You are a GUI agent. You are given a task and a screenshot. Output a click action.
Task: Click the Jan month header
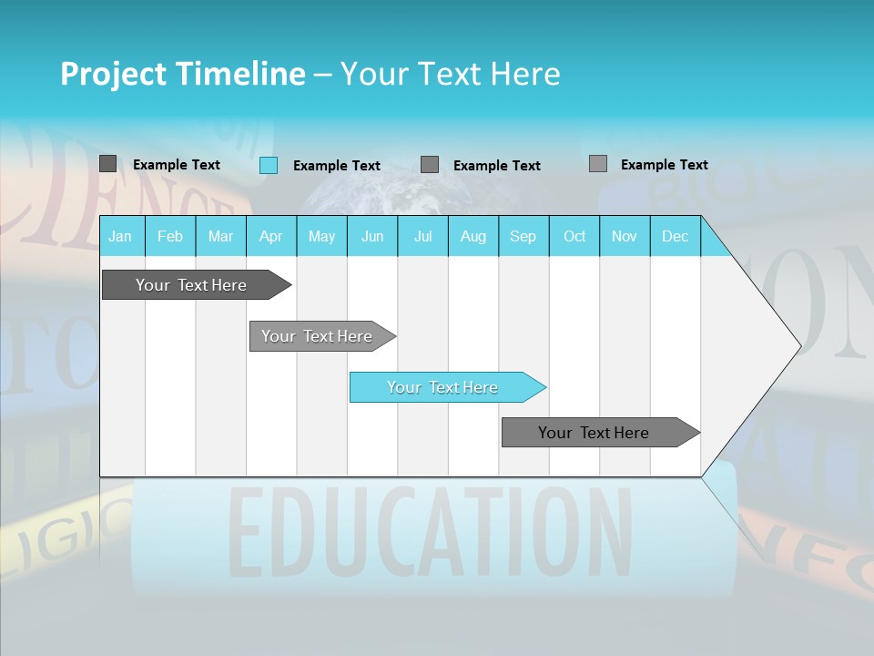pos(120,236)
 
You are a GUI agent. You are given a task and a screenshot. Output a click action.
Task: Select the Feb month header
pos(170,236)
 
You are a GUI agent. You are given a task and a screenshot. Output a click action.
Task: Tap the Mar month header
pos(220,236)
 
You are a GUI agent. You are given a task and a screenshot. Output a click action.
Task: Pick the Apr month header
pos(271,236)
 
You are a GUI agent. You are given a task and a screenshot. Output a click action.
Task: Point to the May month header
pos(321,236)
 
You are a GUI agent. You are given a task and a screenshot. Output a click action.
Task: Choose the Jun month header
pos(372,236)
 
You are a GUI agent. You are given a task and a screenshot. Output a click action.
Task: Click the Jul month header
pos(422,236)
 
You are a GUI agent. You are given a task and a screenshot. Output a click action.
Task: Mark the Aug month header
pos(473,236)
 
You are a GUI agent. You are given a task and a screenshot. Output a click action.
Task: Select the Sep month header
pos(523,236)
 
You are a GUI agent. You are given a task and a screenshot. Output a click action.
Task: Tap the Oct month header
pos(574,236)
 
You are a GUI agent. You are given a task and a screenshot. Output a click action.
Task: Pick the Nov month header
pos(625,236)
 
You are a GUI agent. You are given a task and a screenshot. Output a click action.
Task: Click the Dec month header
pos(676,236)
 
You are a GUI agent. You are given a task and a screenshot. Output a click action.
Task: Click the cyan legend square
pos(269,165)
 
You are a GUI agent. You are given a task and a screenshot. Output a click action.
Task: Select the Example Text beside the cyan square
pos(337,166)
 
